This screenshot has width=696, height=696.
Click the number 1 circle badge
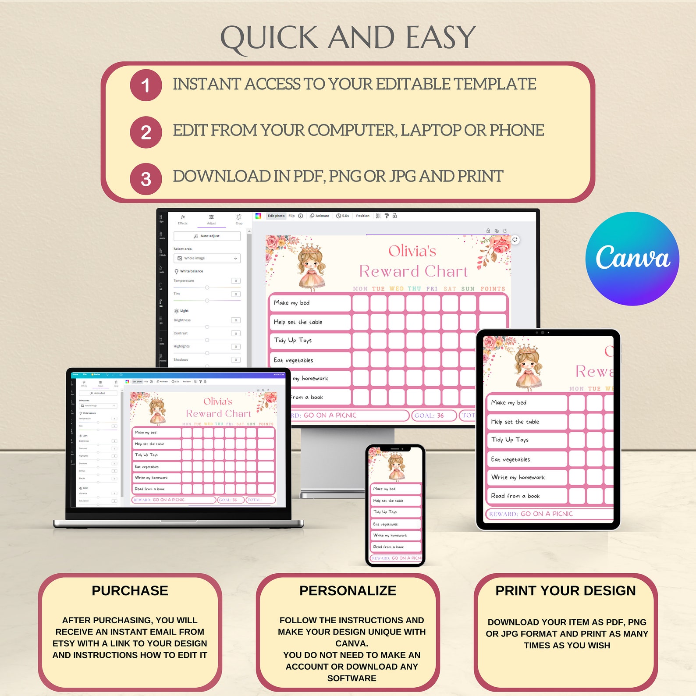(146, 85)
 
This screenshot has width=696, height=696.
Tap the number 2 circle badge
(146, 132)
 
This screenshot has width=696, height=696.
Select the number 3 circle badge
(146, 179)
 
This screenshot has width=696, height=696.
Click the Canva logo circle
(632, 259)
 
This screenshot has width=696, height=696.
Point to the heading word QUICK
(269, 38)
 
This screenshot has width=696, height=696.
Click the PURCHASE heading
(130, 591)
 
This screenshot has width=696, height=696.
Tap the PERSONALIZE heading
(348, 591)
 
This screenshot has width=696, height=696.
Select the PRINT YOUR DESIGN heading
(565, 591)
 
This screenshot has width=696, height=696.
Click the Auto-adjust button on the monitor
(207, 236)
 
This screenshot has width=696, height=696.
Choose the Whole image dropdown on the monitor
(207, 259)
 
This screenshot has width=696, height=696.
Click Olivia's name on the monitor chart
(412, 251)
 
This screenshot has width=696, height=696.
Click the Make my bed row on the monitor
(309, 303)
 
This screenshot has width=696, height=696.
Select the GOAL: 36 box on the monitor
(433, 415)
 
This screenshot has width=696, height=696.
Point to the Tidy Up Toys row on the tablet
(526, 440)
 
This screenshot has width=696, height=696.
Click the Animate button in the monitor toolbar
(320, 216)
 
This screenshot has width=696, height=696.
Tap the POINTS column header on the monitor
(493, 289)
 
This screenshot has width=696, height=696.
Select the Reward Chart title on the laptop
(218, 414)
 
